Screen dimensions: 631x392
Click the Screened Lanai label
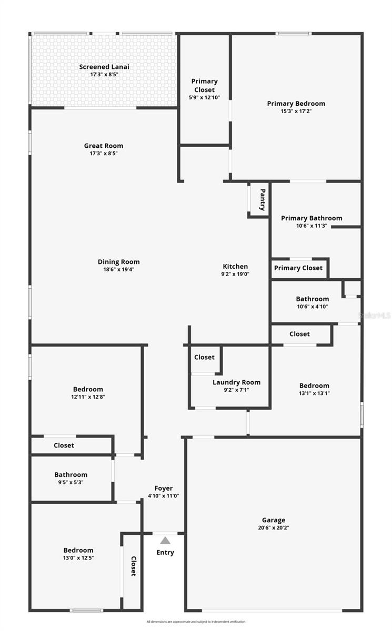click(104, 67)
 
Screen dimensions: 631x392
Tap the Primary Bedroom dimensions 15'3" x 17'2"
click(296, 111)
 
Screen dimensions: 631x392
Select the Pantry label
click(262, 200)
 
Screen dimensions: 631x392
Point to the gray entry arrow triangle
click(165, 540)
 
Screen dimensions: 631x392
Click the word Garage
click(273, 520)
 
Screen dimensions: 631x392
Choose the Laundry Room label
click(236, 382)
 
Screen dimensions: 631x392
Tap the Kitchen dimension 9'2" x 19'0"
click(235, 274)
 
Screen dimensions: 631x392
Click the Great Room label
click(104, 146)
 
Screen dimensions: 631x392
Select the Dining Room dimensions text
click(119, 269)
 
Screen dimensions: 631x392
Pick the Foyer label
click(163, 488)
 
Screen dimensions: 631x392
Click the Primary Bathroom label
click(311, 218)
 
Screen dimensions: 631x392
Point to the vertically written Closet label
click(133, 566)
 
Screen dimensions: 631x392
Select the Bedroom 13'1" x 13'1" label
click(314, 385)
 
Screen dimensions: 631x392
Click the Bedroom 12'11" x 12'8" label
click(88, 390)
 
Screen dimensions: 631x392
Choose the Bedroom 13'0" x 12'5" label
click(78, 551)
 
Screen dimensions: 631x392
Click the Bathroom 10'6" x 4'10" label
click(312, 299)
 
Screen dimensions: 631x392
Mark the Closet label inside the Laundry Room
click(204, 357)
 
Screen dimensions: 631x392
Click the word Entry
click(165, 553)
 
